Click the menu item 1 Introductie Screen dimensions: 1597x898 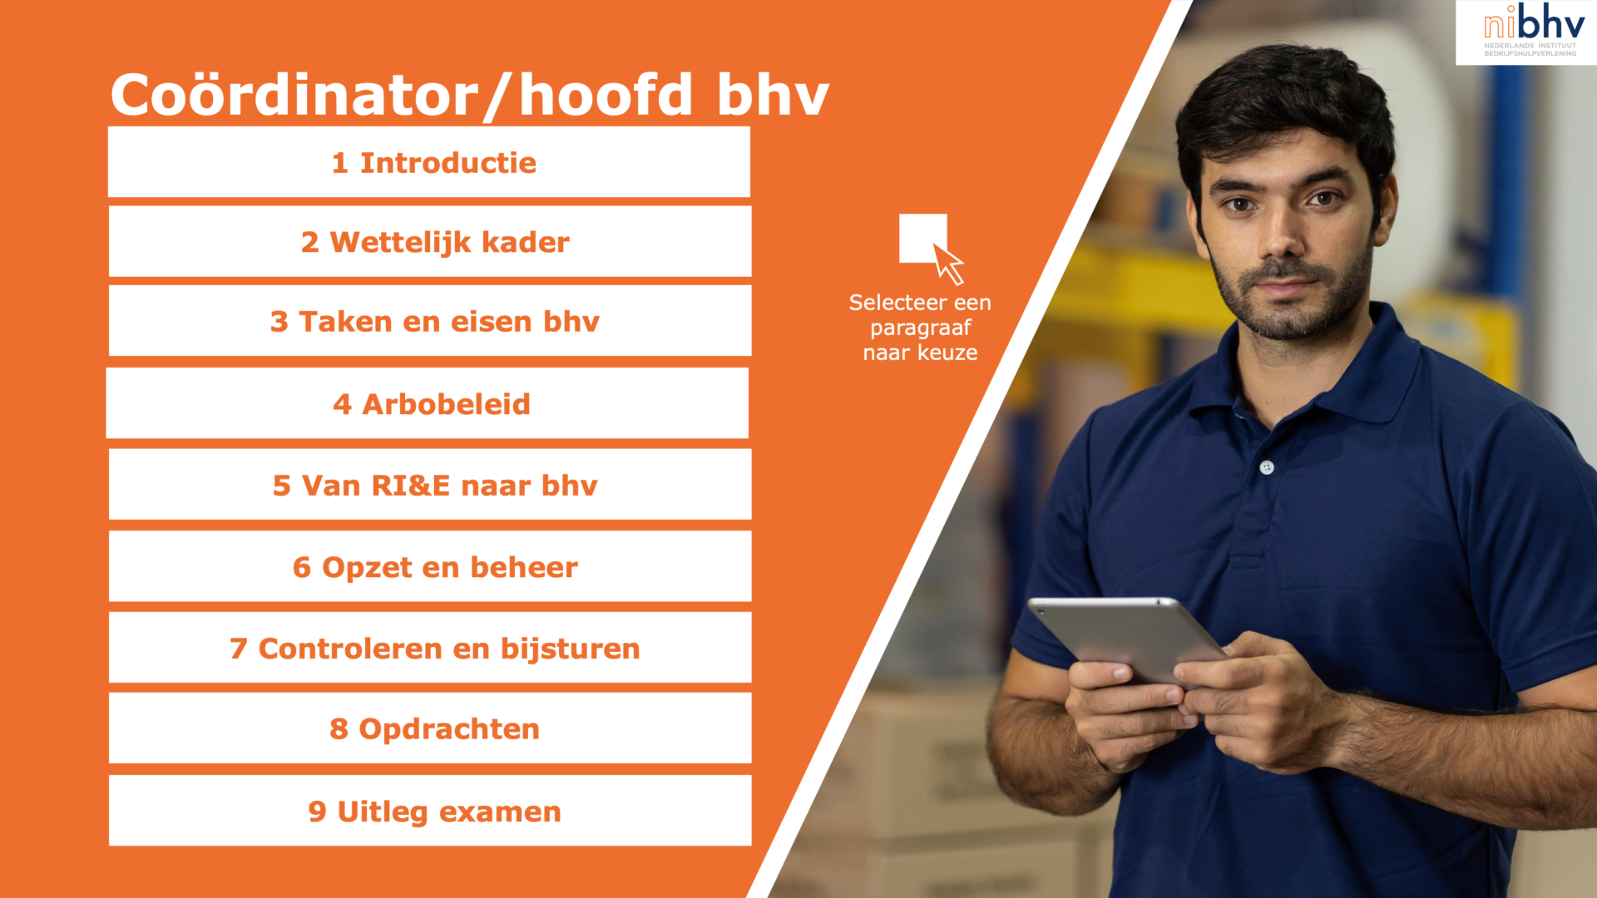click(429, 162)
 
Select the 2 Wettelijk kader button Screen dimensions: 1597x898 click(430, 241)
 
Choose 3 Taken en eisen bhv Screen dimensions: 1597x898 click(430, 321)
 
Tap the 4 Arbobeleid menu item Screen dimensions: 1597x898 click(428, 403)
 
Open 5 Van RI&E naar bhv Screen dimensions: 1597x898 click(430, 485)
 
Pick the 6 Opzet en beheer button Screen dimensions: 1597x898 click(430, 566)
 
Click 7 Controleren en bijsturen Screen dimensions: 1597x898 click(430, 648)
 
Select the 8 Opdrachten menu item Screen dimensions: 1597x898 click(430, 728)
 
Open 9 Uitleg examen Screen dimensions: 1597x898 click(430, 811)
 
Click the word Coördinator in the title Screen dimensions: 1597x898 click(295, 94)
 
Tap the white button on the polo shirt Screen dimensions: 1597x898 click(1267, 467)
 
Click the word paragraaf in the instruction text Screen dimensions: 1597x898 click(921, 328)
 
